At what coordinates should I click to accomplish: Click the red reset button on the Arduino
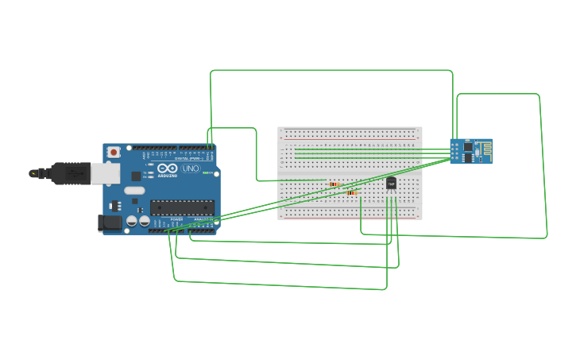point(114,151)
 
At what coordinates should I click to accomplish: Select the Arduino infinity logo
point(168,168)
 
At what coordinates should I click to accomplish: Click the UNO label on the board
point(191,168)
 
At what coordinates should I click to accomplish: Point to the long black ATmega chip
point(182,207)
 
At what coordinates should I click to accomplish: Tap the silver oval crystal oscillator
point(134,191)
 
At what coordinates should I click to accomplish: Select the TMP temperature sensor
point(391,184)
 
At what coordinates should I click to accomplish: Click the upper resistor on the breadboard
point(334,184)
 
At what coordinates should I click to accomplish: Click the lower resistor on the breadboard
point(352,192)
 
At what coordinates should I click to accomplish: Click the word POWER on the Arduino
point(176,219)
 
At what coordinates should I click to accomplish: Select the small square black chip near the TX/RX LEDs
point(136,176)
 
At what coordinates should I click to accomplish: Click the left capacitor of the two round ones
point(132,221)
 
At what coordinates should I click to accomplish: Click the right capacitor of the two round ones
point(144,221)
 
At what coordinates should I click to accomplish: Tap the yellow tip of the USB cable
point(33,172)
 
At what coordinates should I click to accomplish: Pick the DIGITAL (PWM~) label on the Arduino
point(189,147)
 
